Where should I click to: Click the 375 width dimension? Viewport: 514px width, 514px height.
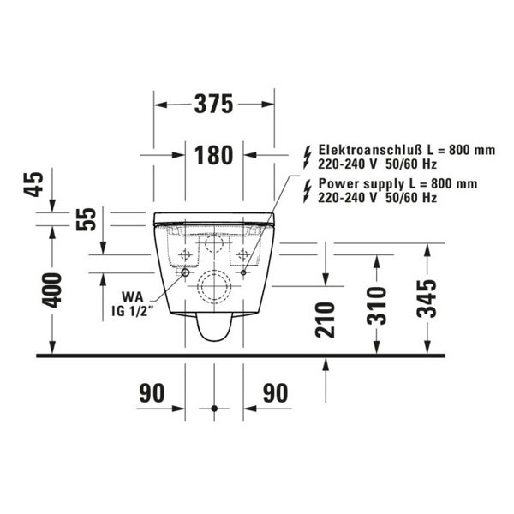point(212,105)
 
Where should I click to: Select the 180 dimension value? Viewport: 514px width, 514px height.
point(212,155)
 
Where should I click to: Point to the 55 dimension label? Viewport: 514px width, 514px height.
point(87,219)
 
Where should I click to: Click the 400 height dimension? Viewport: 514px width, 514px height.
point(52,291)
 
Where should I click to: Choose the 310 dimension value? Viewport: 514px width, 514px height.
point(374,305)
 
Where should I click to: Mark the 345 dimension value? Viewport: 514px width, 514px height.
point(426,298)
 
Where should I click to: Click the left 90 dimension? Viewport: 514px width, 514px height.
point(151,393)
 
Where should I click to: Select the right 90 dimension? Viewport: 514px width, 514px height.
point(274,393)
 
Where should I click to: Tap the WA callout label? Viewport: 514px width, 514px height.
point(131,296)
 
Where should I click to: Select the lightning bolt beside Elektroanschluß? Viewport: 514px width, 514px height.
point(308,155)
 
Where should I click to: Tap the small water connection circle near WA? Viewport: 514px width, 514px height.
point(183,272)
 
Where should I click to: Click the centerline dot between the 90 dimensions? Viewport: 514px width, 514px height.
point(214,407)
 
